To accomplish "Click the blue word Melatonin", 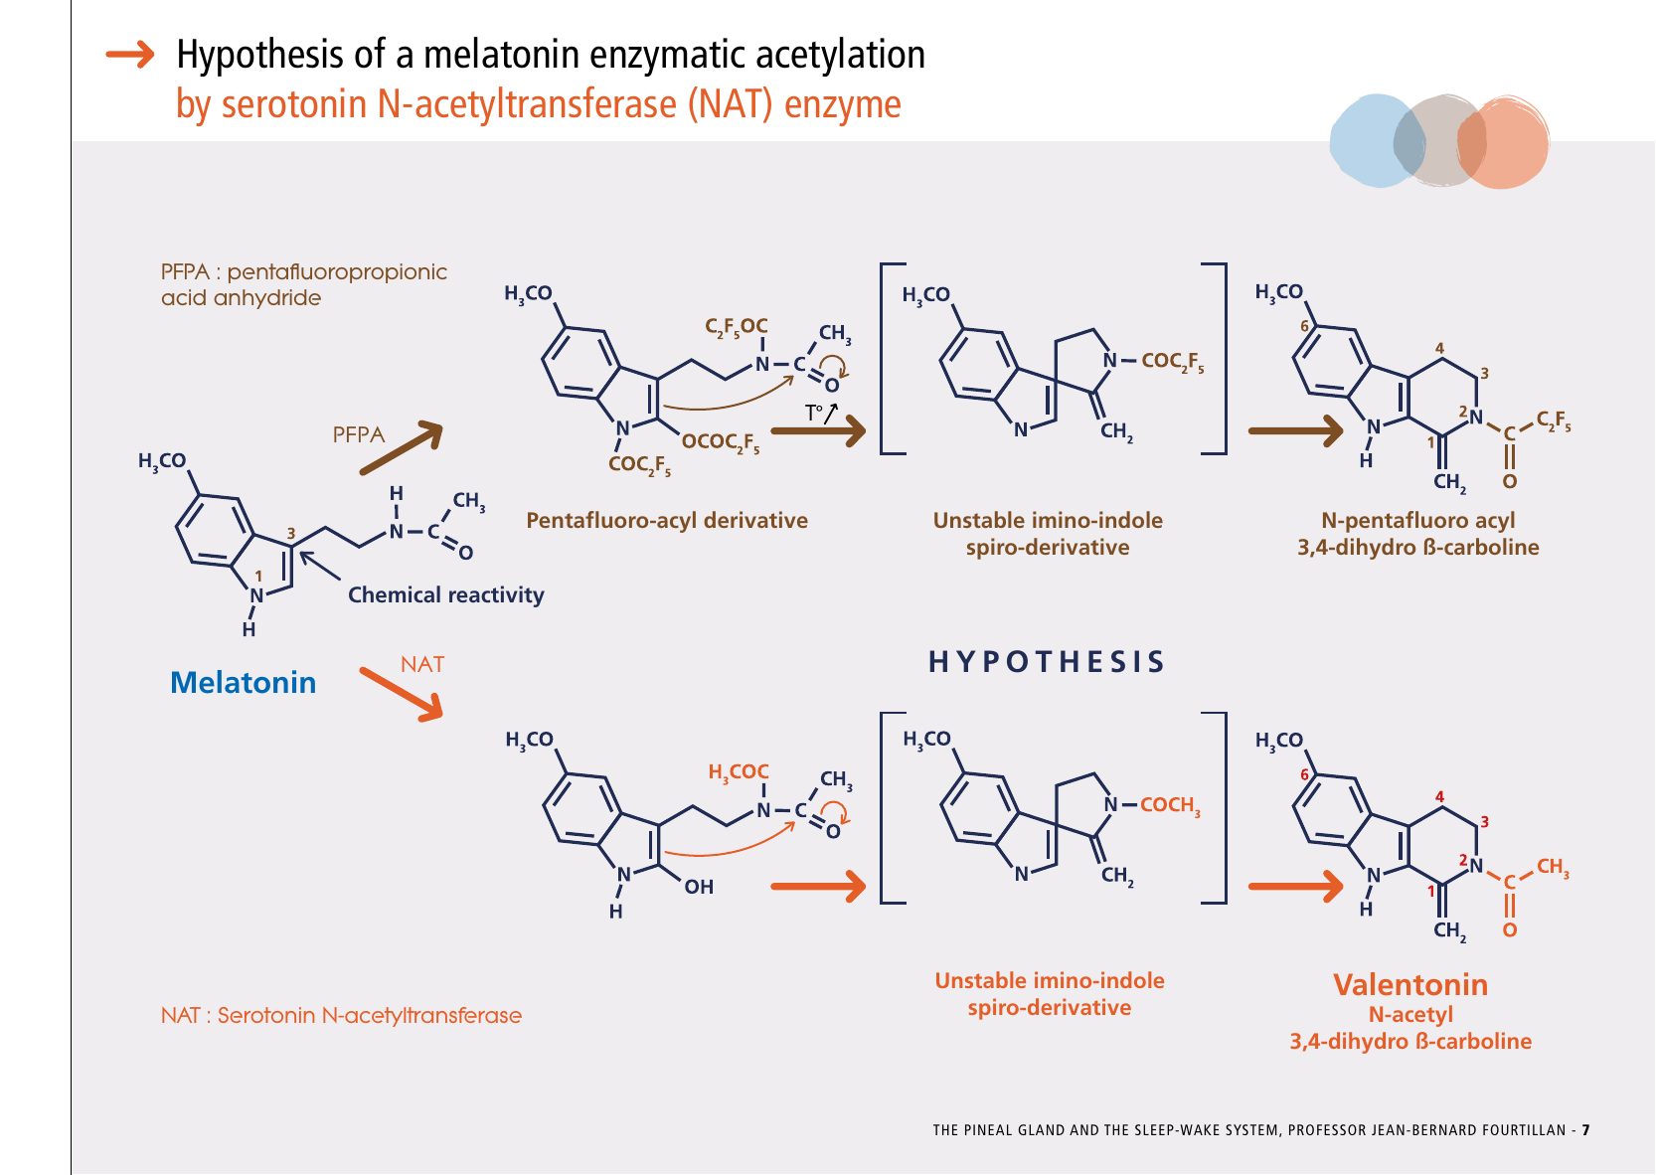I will [x=243, y=682].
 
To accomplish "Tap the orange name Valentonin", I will [x=1409, y=984].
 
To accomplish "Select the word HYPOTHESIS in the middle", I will [x=1046, y=662].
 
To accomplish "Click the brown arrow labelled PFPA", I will [x=401, y=448].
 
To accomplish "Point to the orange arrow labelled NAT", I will [x=401, y=693].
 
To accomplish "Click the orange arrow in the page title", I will [x=130, y=54].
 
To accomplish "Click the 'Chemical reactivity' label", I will [x=445, y=594].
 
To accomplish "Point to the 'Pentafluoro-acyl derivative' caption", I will [x=666, y=520].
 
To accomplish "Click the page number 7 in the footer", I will [x=1585, y=1130].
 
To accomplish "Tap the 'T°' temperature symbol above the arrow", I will [x=815, y=413].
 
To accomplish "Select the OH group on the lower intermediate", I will [x=699, y=887].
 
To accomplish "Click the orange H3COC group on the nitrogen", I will [x=738, y=771].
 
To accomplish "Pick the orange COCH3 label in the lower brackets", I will [x=1170, y=804].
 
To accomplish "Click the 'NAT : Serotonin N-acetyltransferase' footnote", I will [x=341, y=1015].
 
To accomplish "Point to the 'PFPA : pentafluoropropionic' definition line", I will [x=303, y=271].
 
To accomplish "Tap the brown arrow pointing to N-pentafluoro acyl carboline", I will [x=1295, y=430].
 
